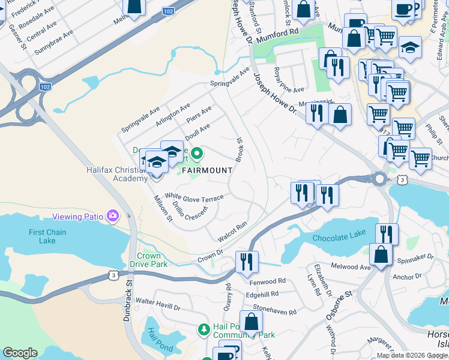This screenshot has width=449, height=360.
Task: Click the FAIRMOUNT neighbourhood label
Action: pos(206,170)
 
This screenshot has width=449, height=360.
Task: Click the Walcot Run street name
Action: pos(232,232)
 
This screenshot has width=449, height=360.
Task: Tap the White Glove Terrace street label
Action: pos(194,197)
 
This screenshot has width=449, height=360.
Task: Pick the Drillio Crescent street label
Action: pos(190,211)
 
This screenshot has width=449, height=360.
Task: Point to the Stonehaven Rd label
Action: pos(274,312)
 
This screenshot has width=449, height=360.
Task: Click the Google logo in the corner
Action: pos(20,353)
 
